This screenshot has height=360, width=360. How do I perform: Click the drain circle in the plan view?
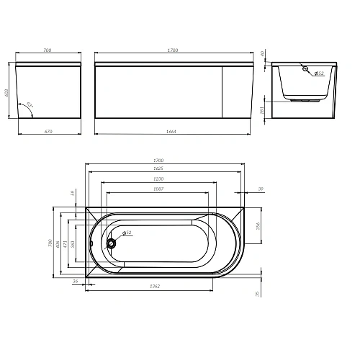click(112, 243)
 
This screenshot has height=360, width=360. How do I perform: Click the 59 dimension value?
click(72, 193)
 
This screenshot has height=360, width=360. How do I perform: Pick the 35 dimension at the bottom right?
click(257, 294)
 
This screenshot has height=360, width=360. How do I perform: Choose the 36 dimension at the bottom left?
click(75, 282)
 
